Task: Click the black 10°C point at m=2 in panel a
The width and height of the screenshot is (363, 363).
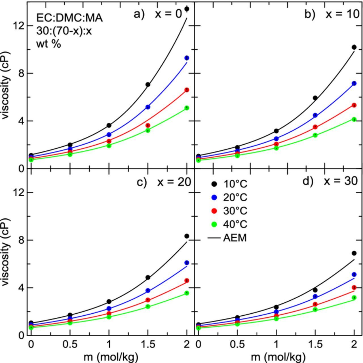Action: [187, 9]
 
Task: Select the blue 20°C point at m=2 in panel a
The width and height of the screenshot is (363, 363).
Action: [187, 58]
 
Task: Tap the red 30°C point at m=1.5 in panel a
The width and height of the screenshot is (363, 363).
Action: [148, 125]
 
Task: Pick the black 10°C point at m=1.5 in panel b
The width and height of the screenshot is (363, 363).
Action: [315, 98]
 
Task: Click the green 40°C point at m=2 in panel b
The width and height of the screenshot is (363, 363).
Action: [354, 119]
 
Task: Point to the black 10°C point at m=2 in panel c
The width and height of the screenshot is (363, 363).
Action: [187, 236]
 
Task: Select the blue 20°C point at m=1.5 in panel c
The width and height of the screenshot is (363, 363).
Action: [148, 290]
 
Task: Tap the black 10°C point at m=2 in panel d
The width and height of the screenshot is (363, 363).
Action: [354, 253]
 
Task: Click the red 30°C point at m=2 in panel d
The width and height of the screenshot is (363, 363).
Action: [354, 287]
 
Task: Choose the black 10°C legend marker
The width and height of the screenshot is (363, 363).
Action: [214, 184]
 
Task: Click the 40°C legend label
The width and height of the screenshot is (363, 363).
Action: [235, 224]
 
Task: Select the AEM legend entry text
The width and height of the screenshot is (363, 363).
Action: [235, 238]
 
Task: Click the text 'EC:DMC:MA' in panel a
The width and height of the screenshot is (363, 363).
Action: [69, 18]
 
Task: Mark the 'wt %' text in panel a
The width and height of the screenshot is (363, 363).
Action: [48, 44]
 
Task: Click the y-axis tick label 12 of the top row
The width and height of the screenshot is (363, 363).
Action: [18, 26]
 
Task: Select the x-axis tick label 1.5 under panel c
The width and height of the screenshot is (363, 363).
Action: [148, 344]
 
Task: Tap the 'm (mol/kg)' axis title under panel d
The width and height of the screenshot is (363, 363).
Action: [278, 357]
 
